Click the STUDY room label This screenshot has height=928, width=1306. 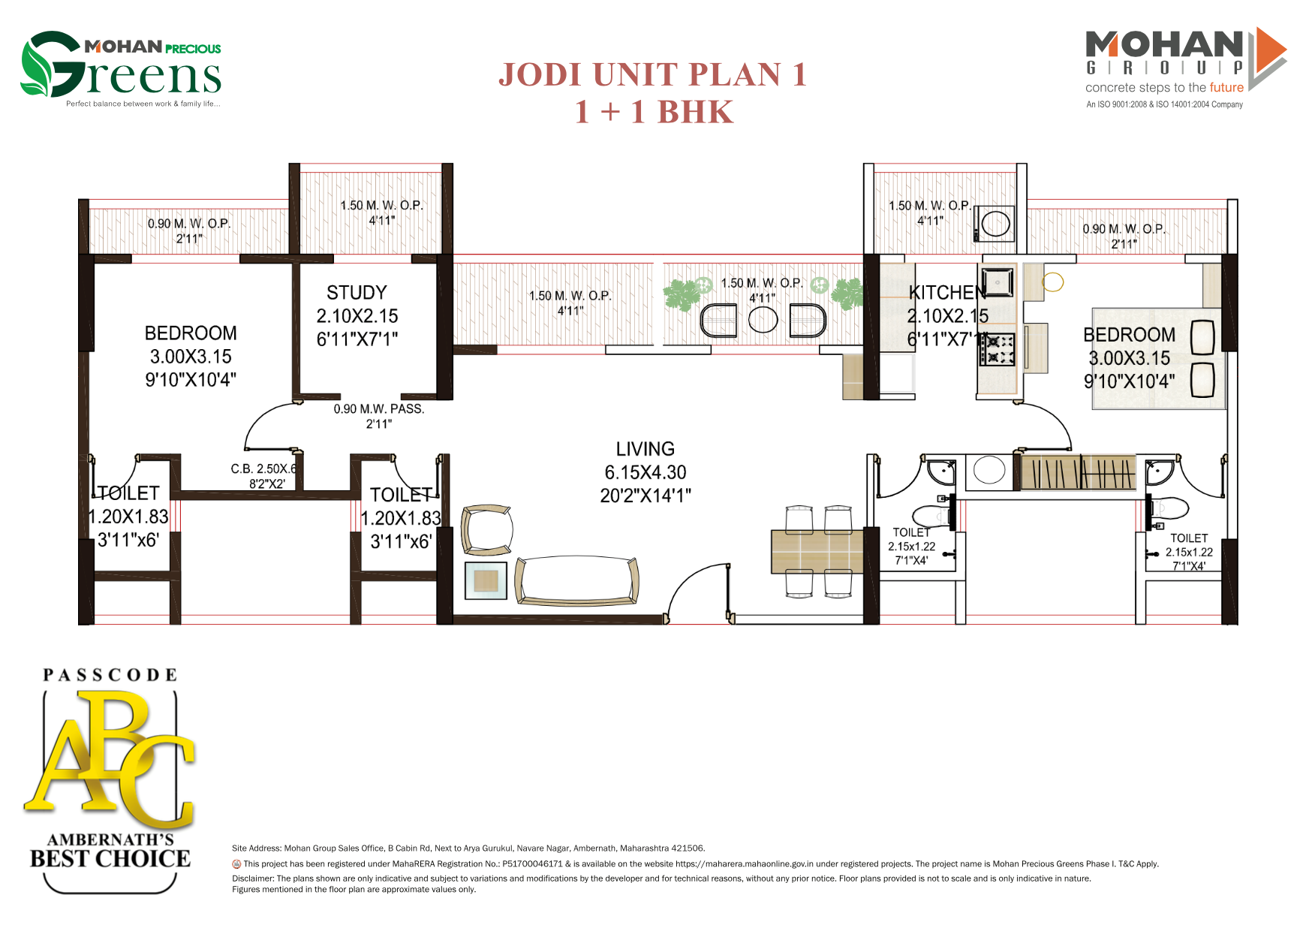[357, 293]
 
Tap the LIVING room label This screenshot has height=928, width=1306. [645, 449]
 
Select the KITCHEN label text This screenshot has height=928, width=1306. [946, 293]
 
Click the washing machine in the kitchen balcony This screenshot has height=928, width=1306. [995, 224]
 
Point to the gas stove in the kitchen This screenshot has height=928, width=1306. [997, 350]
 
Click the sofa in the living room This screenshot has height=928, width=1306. [576, 580]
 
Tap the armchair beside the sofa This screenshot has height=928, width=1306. [486, 530]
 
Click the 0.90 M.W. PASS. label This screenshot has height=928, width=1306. [379, 409]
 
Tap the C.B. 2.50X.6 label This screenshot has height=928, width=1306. [263, 469]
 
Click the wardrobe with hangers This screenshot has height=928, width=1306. [1079, 473]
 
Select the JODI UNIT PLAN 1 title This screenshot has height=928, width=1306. [652, 75]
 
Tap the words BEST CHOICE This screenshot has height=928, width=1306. [110, 859]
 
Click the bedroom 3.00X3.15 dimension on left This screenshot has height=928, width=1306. [191, 357]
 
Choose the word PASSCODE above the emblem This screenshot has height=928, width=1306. [110, 675]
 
